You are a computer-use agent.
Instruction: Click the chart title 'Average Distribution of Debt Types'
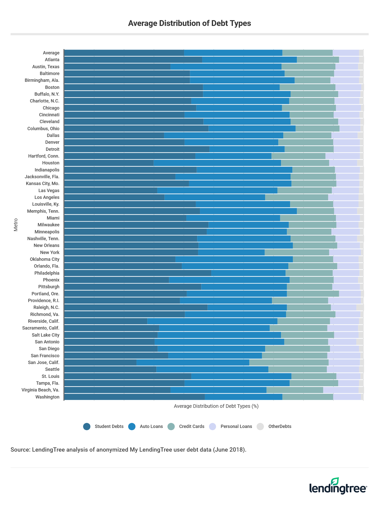point(189,23)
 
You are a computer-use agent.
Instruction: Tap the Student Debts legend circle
point(87,426)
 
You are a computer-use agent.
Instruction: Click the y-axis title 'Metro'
point(16,225)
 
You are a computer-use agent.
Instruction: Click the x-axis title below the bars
point(216,406)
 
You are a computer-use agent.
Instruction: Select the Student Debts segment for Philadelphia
point(138,273)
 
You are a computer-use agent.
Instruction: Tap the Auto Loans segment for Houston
point(217,163)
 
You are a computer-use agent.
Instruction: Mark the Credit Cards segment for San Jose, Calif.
point(289,363)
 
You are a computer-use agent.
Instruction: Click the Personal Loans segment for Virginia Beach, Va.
point(341,390)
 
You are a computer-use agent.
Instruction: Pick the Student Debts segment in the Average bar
point(124,53)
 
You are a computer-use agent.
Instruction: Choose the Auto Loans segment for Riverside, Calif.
point(212,321)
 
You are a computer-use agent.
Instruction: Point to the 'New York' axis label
point(50,252)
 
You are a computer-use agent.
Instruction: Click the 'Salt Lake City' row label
point(46,335)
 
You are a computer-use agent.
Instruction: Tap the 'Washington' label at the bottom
point(47,397)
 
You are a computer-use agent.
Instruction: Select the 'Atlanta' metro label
point(52,60)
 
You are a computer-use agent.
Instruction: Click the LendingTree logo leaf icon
point(335,481)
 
